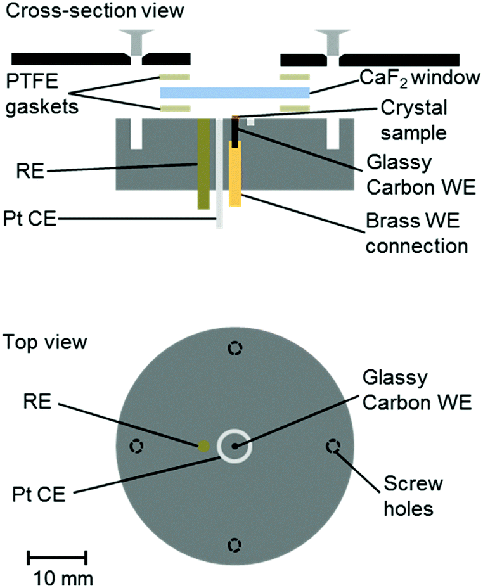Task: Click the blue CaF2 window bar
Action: [x=235, y=93]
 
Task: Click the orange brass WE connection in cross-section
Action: [x=235, y=174]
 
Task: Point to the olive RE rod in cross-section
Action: [x=204, y=163]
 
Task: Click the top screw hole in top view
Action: [x=235, y=349]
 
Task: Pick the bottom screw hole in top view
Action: [x=235, y=544]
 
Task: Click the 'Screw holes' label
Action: [x=413, y=497]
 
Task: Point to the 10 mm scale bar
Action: [x=58, y=558]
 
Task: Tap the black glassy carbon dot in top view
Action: [x=235, y=447]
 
